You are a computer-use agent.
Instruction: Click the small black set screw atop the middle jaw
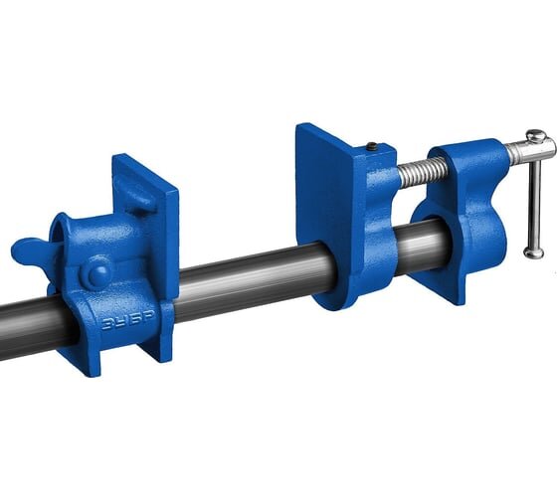point(372,145)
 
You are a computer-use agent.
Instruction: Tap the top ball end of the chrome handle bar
point(536,135)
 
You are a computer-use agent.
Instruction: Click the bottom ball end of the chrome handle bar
point(533,252)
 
